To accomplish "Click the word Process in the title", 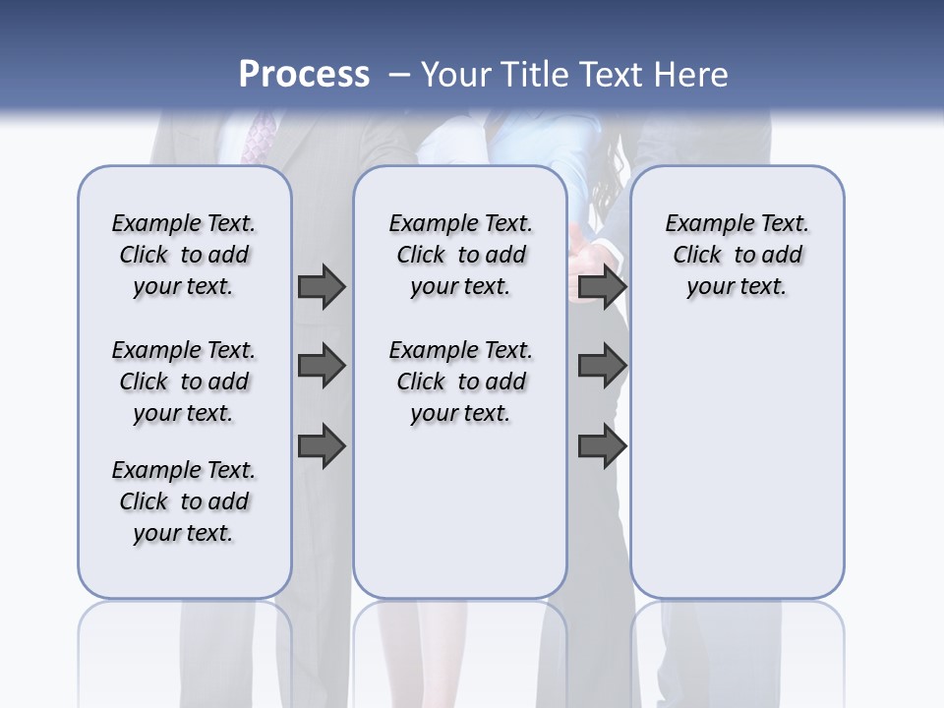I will (304, 75).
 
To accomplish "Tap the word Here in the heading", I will (691, 75).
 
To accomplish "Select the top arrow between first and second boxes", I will (321, 286).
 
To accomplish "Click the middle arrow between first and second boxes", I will (321, 366).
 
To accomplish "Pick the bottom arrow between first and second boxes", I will (321, 445).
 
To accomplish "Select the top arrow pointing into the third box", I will (602, 286).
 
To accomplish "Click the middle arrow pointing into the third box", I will (602, 366).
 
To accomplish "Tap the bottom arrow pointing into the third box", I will (602, 445).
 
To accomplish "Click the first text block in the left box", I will (184, 255).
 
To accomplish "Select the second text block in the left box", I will (184, 382).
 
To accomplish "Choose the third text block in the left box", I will (184, 501).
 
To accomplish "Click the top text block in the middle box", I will (460, 255).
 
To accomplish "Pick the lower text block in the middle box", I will (460, 382).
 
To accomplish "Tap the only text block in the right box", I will (737, 255).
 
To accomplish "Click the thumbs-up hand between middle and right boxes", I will (588, 258).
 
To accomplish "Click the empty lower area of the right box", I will (737, 472).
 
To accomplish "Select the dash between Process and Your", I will (400, 75).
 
